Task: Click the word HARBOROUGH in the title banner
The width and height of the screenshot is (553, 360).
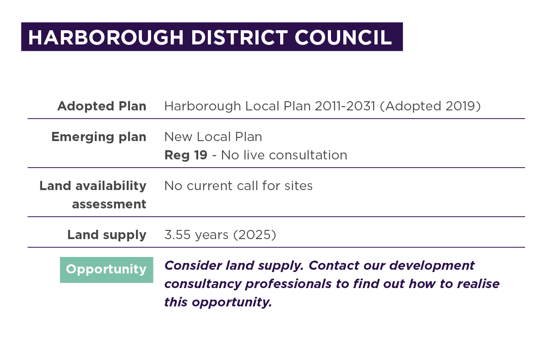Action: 106,38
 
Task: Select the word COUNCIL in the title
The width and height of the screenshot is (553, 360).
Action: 343,38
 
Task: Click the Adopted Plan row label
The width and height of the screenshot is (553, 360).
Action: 102,106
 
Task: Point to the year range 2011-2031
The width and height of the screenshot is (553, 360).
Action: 345,106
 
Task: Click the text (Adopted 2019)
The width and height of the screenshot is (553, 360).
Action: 430,106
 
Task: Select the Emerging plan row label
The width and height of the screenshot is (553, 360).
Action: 99,137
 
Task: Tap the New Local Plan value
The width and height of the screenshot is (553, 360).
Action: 213,136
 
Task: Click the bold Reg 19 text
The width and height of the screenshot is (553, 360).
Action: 186,155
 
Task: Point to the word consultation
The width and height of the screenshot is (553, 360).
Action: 308,155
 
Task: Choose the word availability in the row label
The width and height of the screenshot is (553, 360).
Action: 111,186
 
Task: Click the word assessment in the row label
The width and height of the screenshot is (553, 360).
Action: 109,204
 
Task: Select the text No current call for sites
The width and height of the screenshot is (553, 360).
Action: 239,186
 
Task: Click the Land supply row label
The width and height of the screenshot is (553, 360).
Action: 107,235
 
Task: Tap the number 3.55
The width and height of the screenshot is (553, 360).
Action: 178,235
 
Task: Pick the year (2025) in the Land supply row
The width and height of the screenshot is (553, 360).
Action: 255,235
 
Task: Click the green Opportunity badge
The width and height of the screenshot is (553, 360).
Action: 106,270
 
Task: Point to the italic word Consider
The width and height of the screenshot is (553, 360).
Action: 193,266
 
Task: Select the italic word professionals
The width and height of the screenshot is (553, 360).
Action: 288,284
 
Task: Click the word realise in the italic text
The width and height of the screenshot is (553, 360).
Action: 478,284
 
